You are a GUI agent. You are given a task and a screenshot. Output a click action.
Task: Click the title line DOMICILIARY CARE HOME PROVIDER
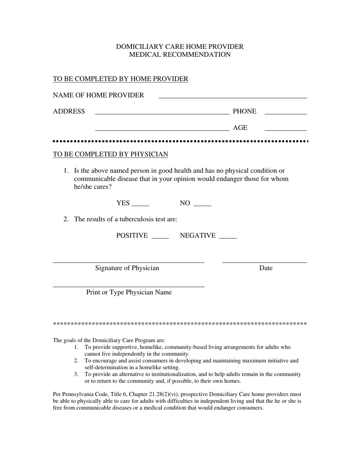[x=180, y=47]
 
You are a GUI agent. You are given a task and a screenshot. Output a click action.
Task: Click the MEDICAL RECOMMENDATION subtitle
[x=180, y=55]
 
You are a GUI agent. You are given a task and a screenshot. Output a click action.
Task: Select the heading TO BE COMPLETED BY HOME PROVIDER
[x=121, y=79]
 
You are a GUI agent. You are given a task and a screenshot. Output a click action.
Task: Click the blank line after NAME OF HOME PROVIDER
[x=233, y=96]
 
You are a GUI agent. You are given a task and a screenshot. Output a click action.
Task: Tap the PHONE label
[x=244, y=111]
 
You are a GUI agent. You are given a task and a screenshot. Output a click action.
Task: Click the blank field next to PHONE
[x=285, y=112]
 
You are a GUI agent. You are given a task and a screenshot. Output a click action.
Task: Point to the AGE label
[x=240, y=128]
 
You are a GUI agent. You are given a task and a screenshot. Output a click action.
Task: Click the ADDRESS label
[x=69, y=111]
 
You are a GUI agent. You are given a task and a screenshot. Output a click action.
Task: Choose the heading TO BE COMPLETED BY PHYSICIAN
[x=110, y=154]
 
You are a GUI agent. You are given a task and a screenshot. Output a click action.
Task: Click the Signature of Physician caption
[x=127, y=268]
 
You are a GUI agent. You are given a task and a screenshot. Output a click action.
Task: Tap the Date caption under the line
[x=266, y=268]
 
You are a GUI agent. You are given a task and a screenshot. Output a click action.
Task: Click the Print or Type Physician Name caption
[x=129, y=292]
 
